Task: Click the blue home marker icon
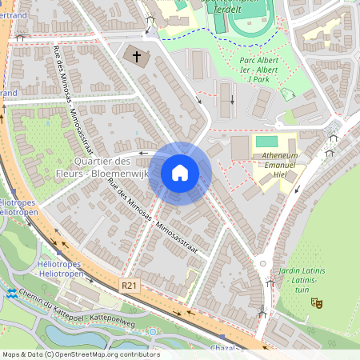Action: [x=180, y=172]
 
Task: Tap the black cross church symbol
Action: [x=137, y=57]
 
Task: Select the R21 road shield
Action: [x=130, y=285]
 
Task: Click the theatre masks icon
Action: [x=317, y=303]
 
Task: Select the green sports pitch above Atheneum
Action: [x=266, y=142]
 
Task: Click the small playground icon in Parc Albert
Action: [x=286, y=94]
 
